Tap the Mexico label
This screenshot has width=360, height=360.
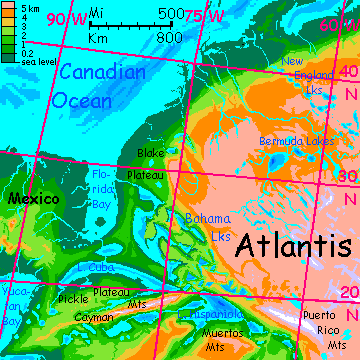point(30,200)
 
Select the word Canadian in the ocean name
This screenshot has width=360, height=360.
point(101,74)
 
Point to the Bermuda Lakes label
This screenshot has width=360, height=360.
point(296,142)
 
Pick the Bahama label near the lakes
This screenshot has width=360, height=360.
point(208,219)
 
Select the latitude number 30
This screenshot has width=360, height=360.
point(347,175)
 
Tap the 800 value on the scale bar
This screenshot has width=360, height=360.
point(169,37)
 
